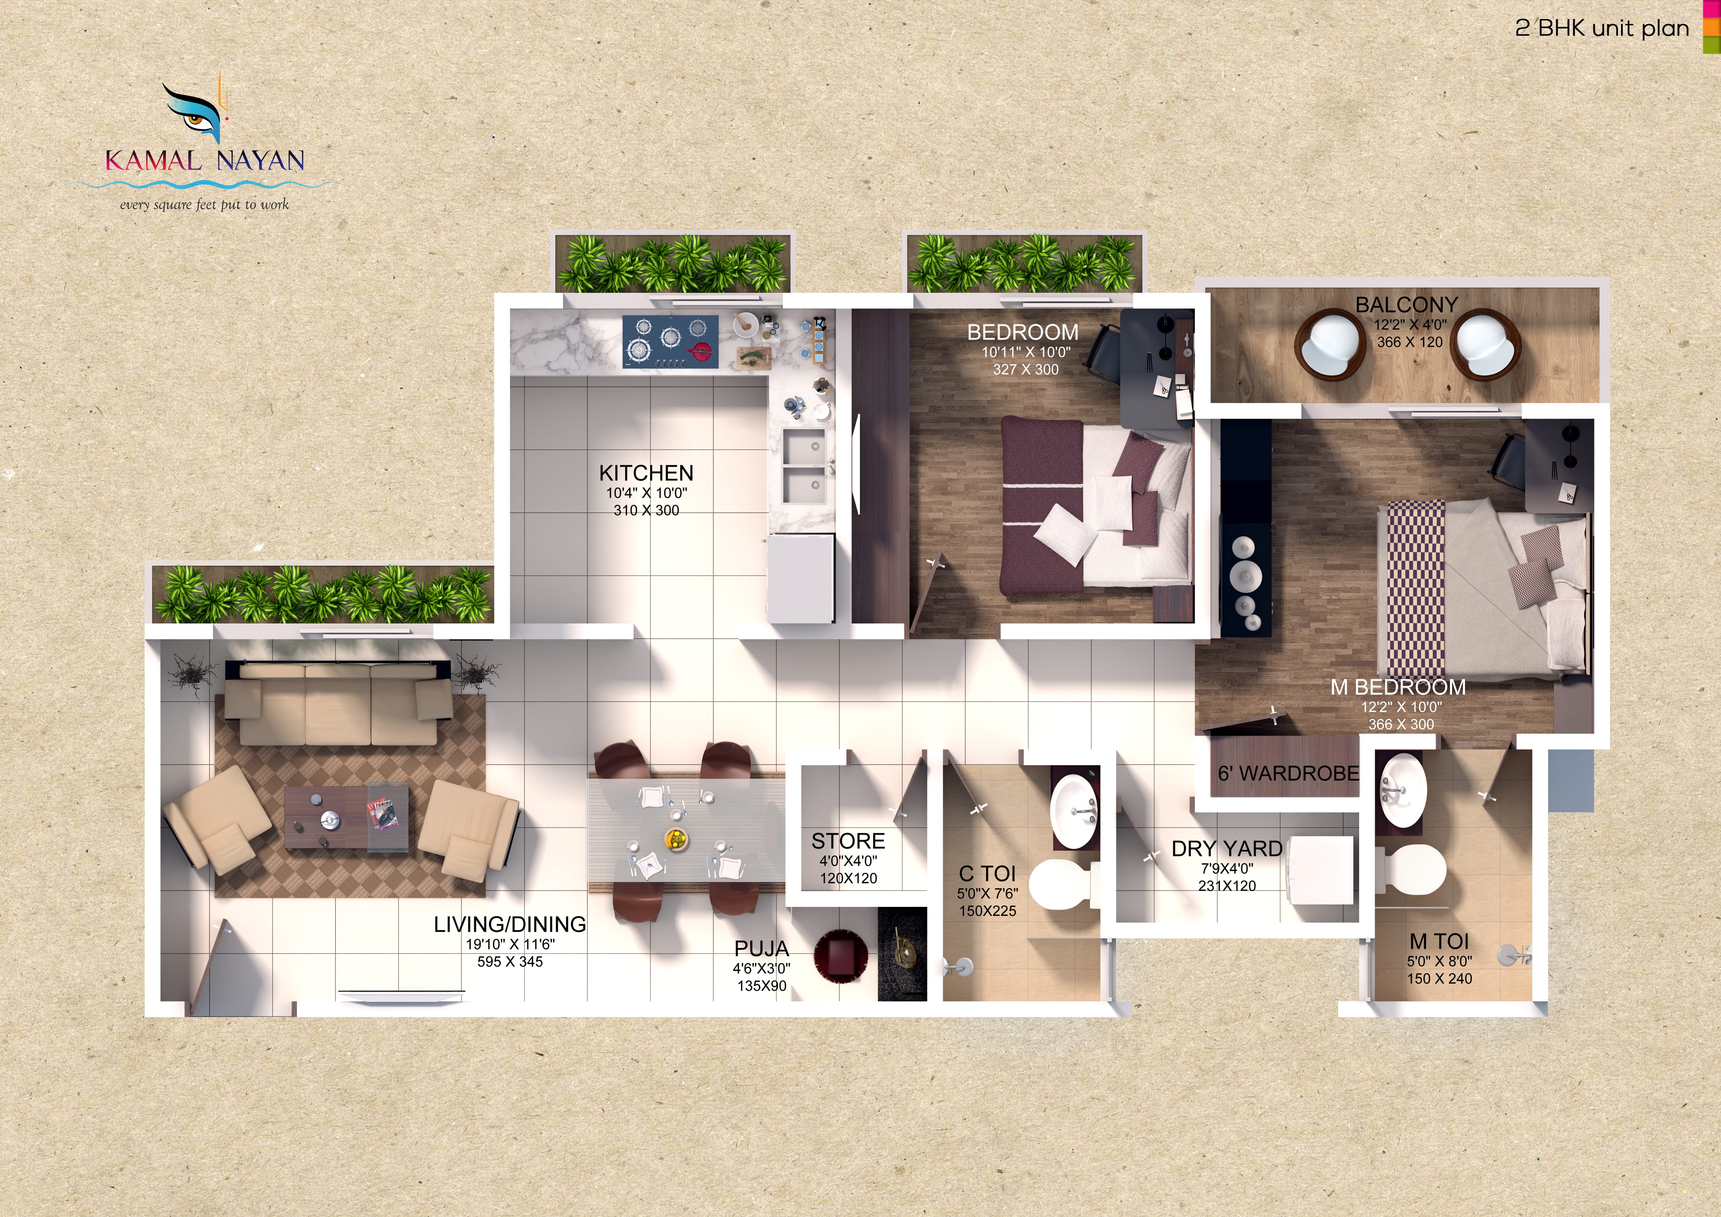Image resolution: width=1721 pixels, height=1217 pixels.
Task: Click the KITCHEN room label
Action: pos(646,473)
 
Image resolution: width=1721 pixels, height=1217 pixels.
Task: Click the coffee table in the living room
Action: pos(346,818)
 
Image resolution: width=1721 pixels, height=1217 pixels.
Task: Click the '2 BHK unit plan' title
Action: pos(1602,28)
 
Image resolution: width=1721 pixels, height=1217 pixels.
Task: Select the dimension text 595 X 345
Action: pos(510,961)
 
